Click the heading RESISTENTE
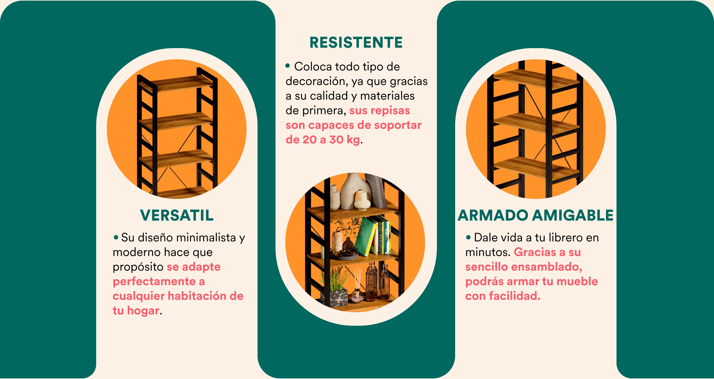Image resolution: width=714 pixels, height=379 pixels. (356, 42)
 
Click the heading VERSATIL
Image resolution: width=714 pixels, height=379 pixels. (177, 215)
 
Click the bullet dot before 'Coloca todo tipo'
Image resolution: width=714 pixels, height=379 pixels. (288, 66)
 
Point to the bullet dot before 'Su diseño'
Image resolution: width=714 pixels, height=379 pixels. (116, 237)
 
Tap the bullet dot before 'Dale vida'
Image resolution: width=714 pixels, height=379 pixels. (468, 237)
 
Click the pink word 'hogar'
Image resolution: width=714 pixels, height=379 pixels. (143, 311)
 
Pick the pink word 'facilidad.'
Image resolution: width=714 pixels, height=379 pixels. (515, 296)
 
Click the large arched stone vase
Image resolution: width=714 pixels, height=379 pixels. (355, 191)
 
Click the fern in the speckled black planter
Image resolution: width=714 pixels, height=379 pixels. (334, 288)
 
